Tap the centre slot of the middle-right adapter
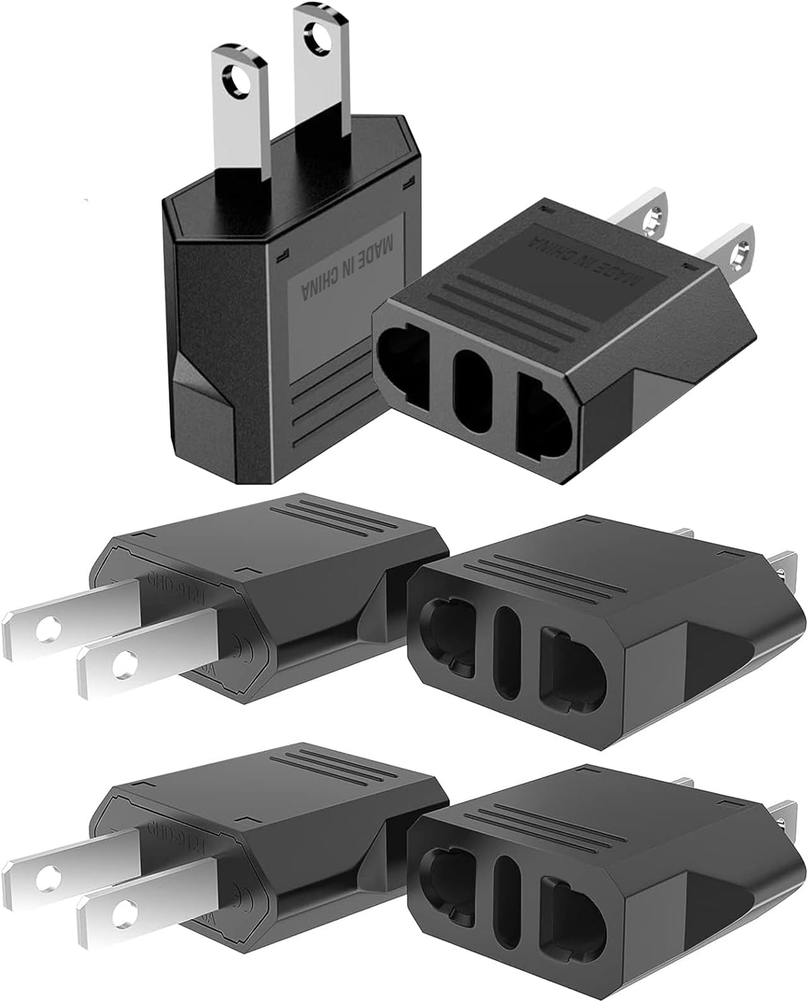click(507, 652)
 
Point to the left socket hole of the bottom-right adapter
click(447, 879)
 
